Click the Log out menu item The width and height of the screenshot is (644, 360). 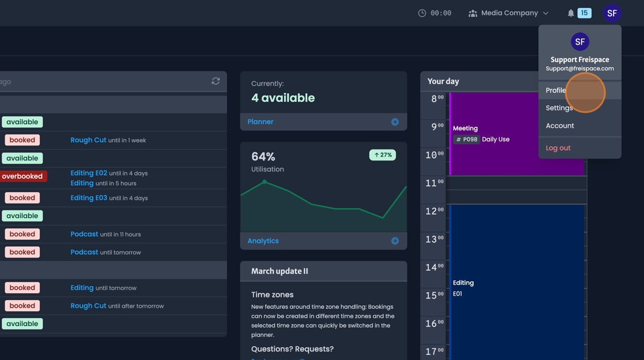tap(558, 148)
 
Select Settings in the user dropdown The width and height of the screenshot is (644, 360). tap(559, 108)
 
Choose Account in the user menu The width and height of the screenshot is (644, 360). tap(559, 125)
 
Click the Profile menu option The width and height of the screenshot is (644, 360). tap(556, 90)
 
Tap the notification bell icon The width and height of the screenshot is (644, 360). tap(570, 13)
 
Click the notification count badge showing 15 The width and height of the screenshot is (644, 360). tap(584, 13)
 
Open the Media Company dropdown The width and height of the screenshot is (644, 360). tap(508, 13)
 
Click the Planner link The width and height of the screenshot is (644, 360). tap(260, 122)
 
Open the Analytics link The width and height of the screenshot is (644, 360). tap(263, 241)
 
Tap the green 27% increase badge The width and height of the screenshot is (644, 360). tap(382, 155)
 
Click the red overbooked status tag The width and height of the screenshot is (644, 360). tap(22, 177)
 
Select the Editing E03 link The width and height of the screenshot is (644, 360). tap(89, 198)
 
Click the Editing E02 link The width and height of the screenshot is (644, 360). tap(89, 173)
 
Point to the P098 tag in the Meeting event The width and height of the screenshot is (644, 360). tap(466, 139)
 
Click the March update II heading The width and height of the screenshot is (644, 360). tap(279, 271)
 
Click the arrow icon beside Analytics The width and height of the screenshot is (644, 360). tap(395, 241)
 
